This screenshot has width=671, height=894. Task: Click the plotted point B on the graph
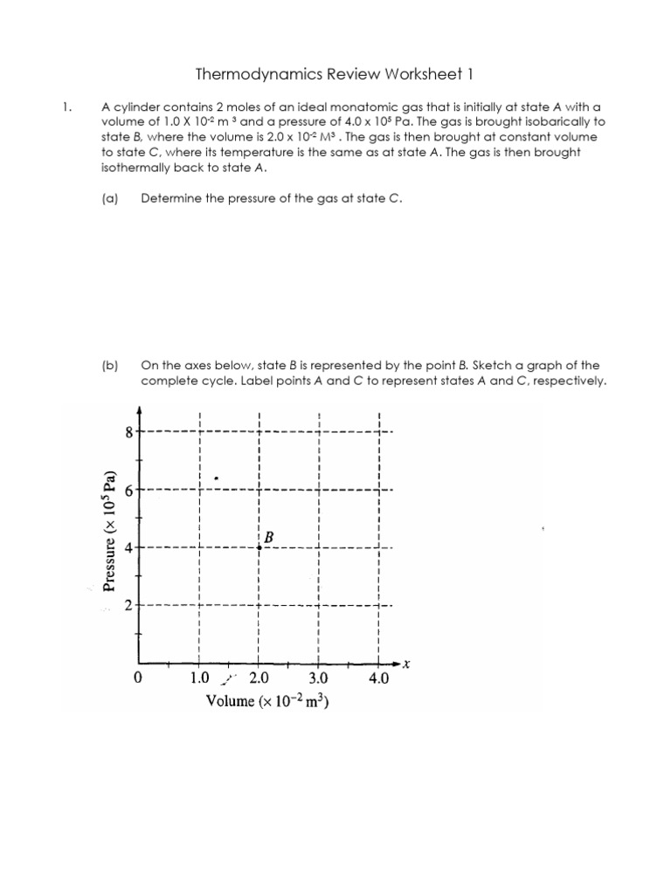pyautogui.click(x=259, y=547)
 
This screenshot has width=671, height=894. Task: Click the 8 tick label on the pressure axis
pyautogui.click(x=130, y=431)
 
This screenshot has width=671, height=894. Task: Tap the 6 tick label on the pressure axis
pyautogui.click(x=130, y=490)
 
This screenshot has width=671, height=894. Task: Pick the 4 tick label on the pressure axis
pyautogui.click(x=130, y=548)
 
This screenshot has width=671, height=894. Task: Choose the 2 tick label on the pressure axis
pyautogui.click(x=130, y=606)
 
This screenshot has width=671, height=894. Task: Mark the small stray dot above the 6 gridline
pyautogui.click(x=217, y=478)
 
